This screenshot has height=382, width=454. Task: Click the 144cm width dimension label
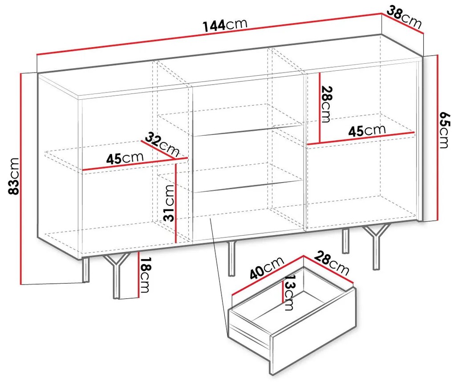click(225, 25)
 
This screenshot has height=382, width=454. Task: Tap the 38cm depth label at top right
click(404, 17)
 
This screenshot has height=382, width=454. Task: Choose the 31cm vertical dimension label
click(169, 203)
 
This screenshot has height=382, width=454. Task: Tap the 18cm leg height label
click(145, 275)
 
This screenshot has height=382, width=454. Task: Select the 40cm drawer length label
click(267, 268)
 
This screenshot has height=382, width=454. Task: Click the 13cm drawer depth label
click(289, 292)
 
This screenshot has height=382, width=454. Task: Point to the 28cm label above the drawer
click(331, 263)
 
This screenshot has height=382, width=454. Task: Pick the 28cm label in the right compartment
click(325, 104)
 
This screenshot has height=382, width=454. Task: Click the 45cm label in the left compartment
click(125, 158)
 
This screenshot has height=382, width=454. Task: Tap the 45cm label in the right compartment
click(367, 130)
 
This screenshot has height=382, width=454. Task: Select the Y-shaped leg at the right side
click(376, 247)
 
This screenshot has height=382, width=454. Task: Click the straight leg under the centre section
click(231, 258)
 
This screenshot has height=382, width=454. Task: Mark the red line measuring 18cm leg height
click(139, 275)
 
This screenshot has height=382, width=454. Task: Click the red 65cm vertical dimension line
click(437, 138)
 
